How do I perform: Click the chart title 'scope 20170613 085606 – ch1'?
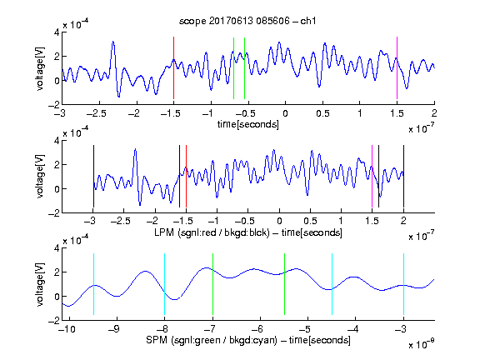[x=247, y=21]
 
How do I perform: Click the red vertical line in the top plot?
[x=173, y=68]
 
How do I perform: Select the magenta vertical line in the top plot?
[x=397, y=68]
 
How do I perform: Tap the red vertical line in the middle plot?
[x=186, y=177]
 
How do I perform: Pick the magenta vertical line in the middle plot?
[x=372, y=177]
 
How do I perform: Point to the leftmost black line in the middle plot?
[x=93, y=177]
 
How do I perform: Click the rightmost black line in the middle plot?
[x=403, y=177]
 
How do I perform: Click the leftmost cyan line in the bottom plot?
[x=93, y=284]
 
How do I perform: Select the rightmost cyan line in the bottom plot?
[x=403, y=284]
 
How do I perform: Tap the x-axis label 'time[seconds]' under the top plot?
[x=248, y=124]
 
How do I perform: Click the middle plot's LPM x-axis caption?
[x=248, y=232]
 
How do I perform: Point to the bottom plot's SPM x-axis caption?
[x=248, y=340]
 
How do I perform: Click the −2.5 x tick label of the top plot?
[x=97, y=113]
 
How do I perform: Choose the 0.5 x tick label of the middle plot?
[x=310, y=221]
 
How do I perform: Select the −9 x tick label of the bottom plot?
[x=114, y=329]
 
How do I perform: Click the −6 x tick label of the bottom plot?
[x=257, y=329]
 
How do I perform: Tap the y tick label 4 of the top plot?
[x=57, y=32]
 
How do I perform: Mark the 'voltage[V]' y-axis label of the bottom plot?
[x=40, y=284]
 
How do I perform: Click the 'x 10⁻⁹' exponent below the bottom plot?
[x=422, y=344]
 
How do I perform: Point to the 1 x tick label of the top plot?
[x=360, y=113]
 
